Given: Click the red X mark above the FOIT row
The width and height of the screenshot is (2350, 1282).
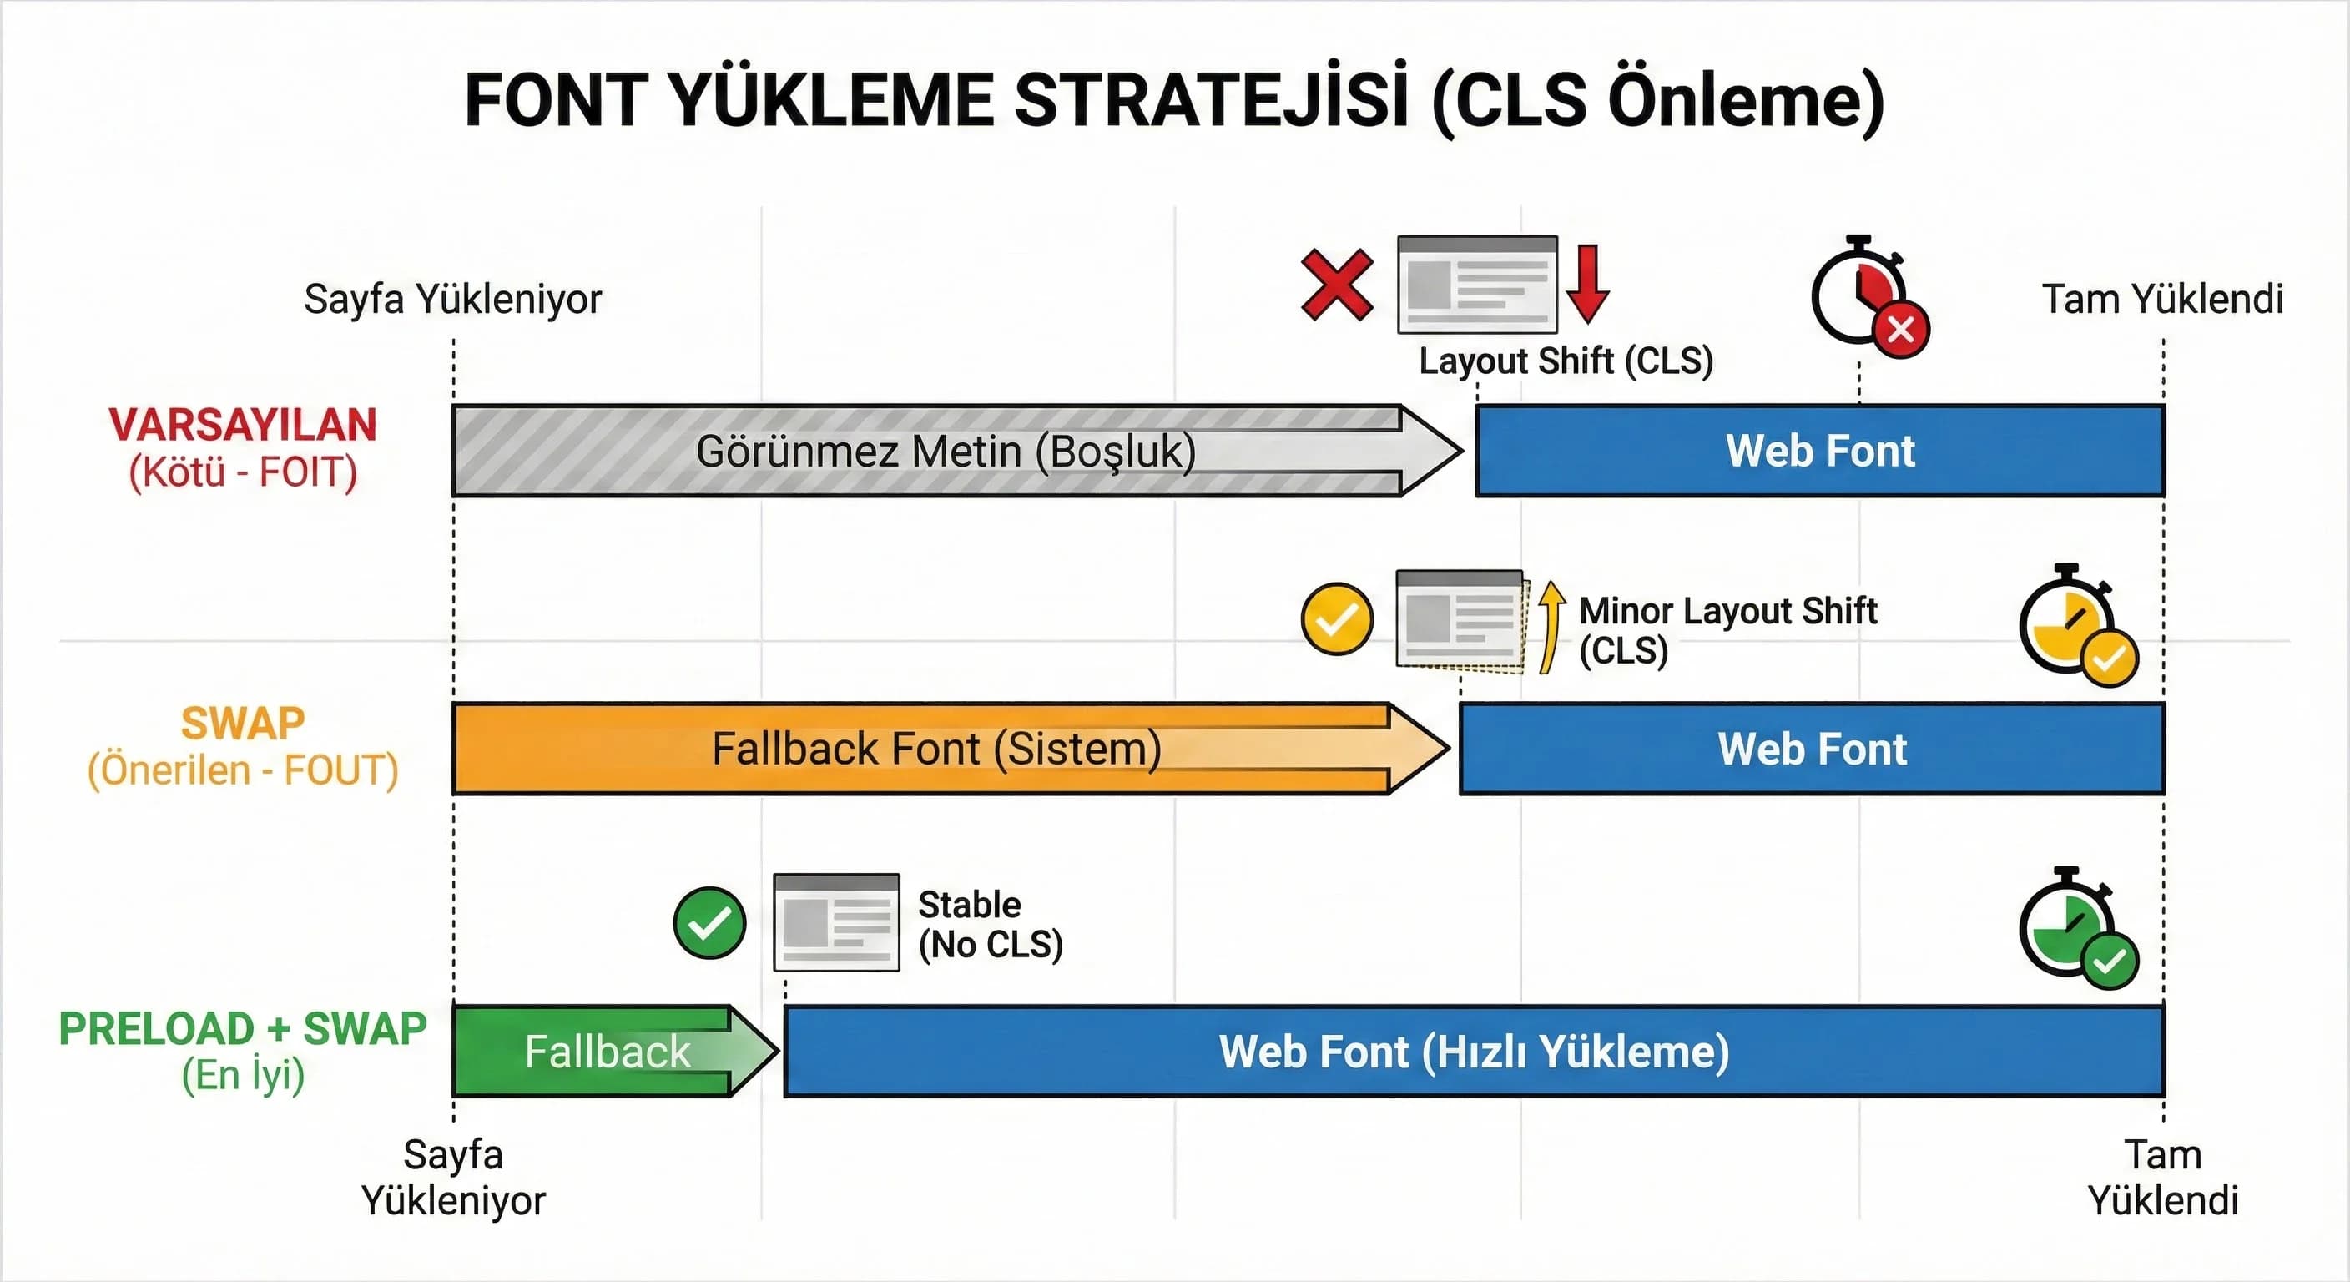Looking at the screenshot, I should tap(1336, 285).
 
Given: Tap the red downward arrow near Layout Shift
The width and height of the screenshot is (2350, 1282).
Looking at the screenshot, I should tap(1587, 284).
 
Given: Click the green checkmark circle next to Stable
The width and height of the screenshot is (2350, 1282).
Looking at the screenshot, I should tap(709, 922).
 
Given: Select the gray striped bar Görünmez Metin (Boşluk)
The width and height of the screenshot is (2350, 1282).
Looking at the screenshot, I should tap(944, 451).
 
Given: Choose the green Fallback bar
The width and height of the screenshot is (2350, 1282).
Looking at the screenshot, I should tap(607, 1051).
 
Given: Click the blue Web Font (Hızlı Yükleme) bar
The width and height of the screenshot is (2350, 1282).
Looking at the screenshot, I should tap(1473, 1051).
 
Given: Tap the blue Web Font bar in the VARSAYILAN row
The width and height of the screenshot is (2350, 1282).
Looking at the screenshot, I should tap(1820, 451).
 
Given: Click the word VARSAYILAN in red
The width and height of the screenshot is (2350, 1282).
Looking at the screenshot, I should tap(243, 425).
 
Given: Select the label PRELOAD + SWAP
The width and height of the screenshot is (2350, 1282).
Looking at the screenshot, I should tap(243, 1029).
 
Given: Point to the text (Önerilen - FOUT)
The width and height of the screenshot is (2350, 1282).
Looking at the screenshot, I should tap(243, 770).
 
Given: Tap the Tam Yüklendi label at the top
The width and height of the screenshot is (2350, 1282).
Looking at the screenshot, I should tap(2162, 300).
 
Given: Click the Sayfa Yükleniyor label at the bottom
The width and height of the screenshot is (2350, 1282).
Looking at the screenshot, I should tap(453, 1177).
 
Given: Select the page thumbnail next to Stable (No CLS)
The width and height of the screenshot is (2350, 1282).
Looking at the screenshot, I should tap(835, 922).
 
